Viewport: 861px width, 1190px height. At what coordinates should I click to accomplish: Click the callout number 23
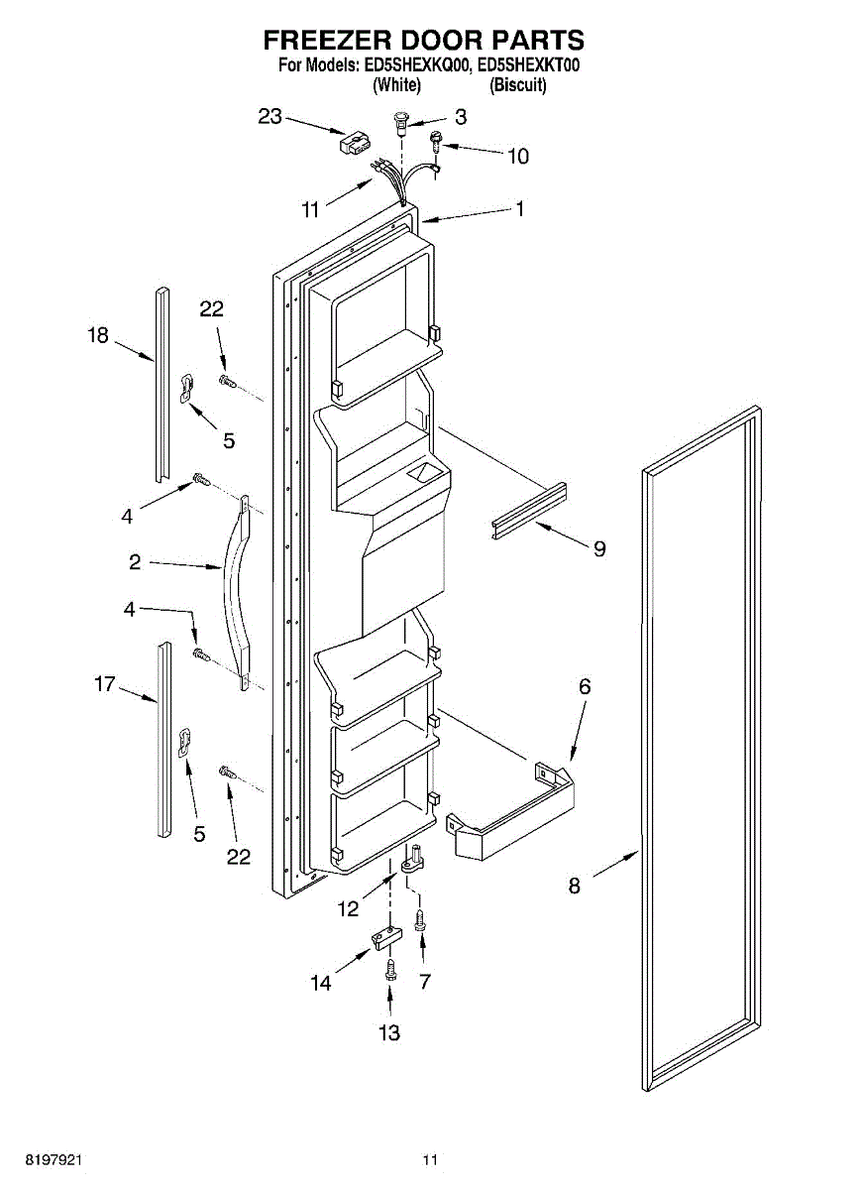(270, 117)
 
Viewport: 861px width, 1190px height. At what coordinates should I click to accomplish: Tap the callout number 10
(518, 156)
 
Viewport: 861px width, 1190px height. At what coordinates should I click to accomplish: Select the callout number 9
(599, 548)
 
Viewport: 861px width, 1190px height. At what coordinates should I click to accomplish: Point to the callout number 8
(575, 887)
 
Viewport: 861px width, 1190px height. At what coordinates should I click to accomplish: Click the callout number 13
(389, 1033)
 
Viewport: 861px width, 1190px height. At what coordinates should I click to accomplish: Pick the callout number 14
(320, 983)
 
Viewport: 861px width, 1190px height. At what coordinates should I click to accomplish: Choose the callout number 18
(97, 336)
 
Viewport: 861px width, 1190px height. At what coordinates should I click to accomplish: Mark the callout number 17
(105, 684)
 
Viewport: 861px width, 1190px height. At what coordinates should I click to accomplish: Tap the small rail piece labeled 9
(529, 511)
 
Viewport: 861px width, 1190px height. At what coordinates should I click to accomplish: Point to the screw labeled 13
(390, 969)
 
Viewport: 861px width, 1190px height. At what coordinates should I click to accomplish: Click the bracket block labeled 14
(386, 935)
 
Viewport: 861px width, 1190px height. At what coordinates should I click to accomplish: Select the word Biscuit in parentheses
(518, 85)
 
